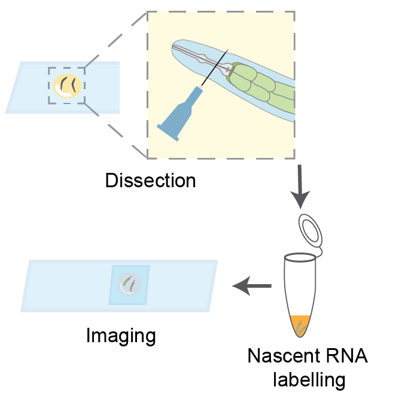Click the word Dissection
click(150, 180)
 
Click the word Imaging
click(121, 335)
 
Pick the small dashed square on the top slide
click(66, 86)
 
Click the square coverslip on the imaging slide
click(129, 285)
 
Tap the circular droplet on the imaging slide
click(129, 284)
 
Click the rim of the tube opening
click(300, 258)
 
